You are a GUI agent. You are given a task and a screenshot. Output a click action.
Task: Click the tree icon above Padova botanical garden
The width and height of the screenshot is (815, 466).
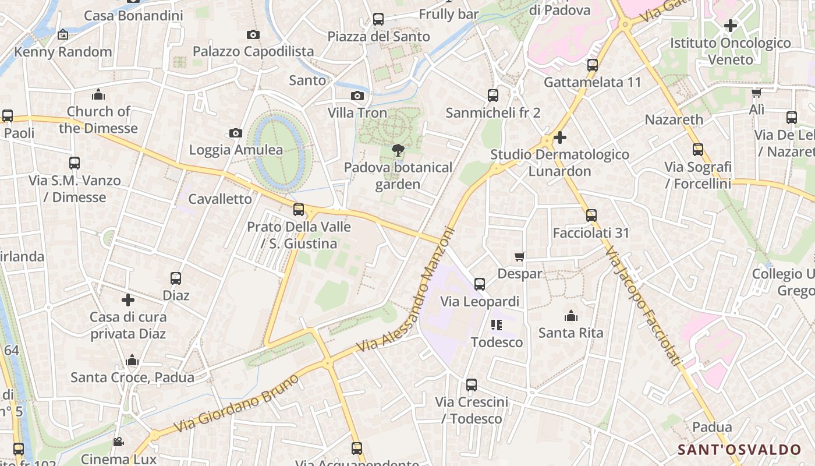(x=398, y=150)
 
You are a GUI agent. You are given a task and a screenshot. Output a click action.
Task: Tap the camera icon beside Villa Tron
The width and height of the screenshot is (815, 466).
(x=357, y=96)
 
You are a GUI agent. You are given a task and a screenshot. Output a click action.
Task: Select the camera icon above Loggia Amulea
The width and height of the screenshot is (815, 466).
(x=236, y=133)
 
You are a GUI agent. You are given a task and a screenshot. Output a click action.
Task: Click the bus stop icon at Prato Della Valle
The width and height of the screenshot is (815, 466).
(x=299, y=209)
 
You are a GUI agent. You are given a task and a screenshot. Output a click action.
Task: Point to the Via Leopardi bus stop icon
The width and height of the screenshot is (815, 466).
(x=480, y=284)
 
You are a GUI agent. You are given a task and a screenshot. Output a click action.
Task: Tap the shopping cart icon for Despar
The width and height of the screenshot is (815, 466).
(x=520, y=256)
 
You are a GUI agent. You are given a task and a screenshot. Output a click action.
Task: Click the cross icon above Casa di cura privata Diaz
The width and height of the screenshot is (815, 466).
(x=128, y=300)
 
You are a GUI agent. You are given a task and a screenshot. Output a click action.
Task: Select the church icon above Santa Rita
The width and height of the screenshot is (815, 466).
(x=571, y=316)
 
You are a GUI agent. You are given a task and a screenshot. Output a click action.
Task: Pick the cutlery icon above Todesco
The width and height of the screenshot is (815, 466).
(x=497, y=324)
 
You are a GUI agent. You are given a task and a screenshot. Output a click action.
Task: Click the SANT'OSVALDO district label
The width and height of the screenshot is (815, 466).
(x=739, y=450)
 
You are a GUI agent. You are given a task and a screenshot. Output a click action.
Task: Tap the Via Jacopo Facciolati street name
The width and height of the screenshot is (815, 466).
(x=643, y=306)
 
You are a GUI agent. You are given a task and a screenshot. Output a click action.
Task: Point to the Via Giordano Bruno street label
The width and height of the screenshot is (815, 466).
(x=238, y=403)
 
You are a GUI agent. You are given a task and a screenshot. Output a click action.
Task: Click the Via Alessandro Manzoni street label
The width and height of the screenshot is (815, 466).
(x=405, y=290)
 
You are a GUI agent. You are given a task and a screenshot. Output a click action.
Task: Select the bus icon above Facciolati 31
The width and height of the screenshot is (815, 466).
(x=591, y=216)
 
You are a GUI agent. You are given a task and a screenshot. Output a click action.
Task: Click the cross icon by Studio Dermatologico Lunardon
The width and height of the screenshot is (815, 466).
(x=560, y=137)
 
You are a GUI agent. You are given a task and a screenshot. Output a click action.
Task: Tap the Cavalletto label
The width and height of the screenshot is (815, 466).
(x=221, y=199)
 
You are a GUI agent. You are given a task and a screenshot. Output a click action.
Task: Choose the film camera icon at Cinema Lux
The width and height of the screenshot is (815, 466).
(x=118, y=442)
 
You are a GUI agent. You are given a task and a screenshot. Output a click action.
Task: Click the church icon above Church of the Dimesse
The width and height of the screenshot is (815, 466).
(x=98, y=94)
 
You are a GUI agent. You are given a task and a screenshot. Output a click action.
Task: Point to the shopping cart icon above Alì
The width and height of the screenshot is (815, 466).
(x=756, y=93)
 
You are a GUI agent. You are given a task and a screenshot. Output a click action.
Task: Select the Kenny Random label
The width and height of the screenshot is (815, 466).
(x=63, y=52)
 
